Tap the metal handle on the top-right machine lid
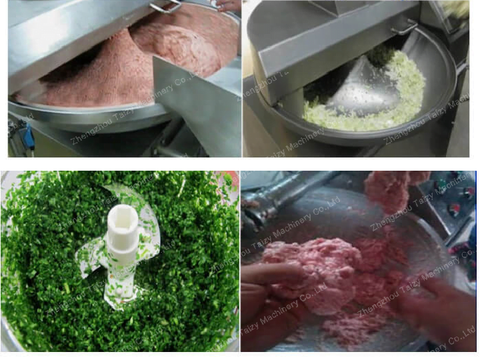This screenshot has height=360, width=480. point(404,27)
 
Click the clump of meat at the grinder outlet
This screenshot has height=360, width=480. point(390,190)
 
